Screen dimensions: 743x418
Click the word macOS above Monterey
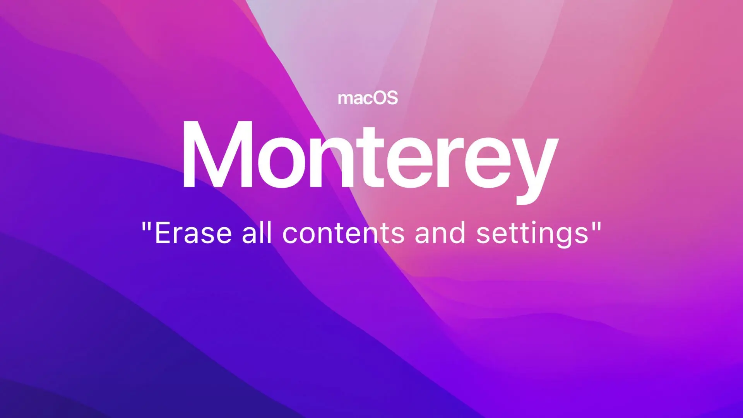368,98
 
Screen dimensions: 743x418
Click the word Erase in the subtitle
193,233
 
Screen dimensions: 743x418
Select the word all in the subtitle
257,232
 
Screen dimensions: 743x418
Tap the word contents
344,233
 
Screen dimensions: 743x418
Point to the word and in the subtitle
440,232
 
